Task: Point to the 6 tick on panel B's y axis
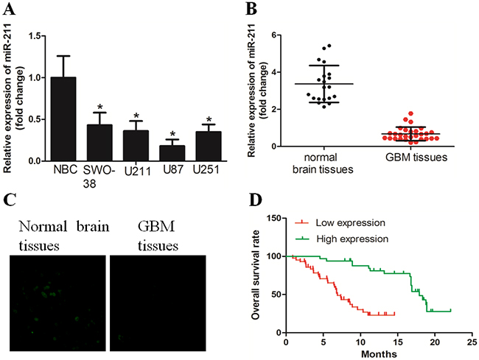(x=273, y=35)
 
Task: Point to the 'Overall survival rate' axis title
(x=256, y=275)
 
